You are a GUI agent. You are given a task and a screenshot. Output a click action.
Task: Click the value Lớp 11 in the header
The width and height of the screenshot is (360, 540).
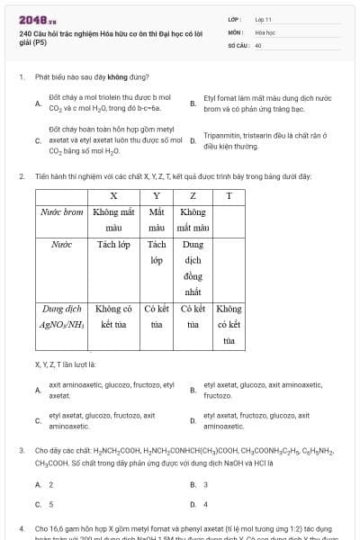[264, 18]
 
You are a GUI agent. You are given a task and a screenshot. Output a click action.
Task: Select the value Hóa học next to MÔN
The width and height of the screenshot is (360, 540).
[265, 31]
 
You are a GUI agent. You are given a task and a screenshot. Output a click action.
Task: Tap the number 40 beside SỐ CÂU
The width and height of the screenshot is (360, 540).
[258, 43]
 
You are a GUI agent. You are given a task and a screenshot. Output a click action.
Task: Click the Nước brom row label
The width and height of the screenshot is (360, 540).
[62, 212]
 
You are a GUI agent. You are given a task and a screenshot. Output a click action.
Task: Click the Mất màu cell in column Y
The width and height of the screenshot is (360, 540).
[157, 220]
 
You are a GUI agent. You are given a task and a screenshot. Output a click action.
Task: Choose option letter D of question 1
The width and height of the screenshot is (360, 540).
[193, 140]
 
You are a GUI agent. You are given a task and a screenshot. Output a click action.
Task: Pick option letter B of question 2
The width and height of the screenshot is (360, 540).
[193, 390]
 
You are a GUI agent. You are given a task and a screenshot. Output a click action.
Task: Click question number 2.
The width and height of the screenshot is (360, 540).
[21, 176]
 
